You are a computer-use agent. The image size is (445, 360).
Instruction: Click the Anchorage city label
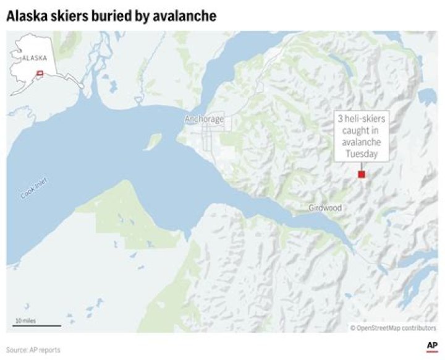pos(204,119)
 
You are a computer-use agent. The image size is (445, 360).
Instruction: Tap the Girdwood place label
pos(324,208)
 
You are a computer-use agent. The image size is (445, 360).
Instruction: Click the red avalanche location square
pos(362,174)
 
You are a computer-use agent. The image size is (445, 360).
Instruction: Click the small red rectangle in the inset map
pos(40,74)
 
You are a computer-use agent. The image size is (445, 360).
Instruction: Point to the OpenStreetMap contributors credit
pos(393,328)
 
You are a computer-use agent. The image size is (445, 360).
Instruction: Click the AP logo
pos(432,346)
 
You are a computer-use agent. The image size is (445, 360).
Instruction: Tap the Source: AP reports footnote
pos(33,349)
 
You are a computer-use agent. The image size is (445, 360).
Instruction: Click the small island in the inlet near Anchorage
pos(152,142)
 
